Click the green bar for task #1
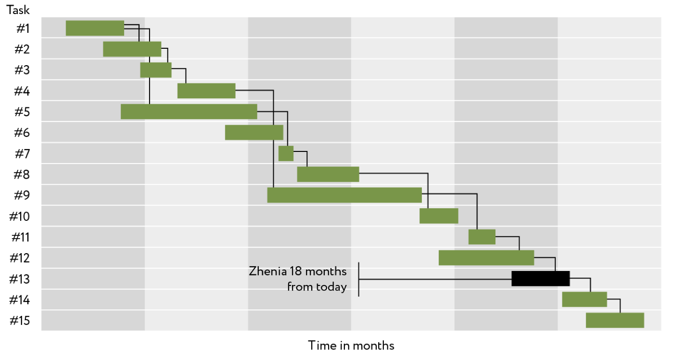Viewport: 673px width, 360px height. click(95, 28)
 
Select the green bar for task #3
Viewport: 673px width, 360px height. click(156, 70)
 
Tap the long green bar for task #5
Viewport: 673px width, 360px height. click(189, 112)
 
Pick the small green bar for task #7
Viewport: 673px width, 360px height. click(286, 153)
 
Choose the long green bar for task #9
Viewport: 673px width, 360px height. click(344, 195)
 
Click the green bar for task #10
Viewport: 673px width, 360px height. click(439, 216)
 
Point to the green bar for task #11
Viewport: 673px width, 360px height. click(482, 237)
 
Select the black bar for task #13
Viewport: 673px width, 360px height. click(540, 278)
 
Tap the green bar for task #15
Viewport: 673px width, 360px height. click(615, 320)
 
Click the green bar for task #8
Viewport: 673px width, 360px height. click(328, 174)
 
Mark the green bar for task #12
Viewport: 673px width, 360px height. click(486, 258)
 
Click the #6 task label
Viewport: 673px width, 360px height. click(22, 133)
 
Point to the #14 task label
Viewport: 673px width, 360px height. click(20, 300)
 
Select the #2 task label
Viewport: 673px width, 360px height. click(22, 49)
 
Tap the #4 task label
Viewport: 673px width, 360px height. click(22, 91)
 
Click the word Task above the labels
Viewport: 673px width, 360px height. click(18, 10)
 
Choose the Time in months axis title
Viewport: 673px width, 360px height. click(351, 345)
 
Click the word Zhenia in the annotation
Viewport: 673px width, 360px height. click(268, 271)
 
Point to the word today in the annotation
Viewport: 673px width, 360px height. click(331, 287)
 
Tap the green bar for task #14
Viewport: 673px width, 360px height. click(584, 300)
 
